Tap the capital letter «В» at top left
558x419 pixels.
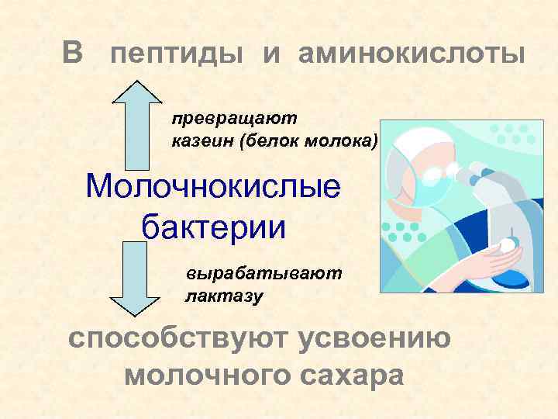72,54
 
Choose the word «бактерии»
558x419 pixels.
213,227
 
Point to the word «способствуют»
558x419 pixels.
175,338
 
